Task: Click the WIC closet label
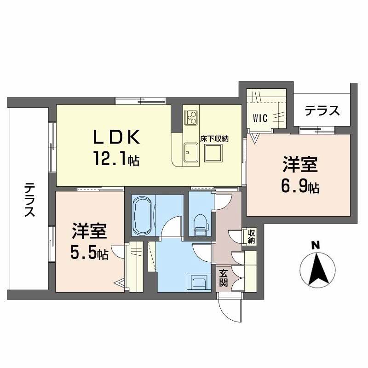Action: point(260,118)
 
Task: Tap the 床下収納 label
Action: point(214,138)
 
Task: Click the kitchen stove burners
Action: point(191,117)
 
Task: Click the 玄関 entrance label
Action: point(223,278)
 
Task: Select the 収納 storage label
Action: point(251,236)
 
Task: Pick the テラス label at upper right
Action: point(322,111)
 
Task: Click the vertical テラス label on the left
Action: point(29,200)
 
